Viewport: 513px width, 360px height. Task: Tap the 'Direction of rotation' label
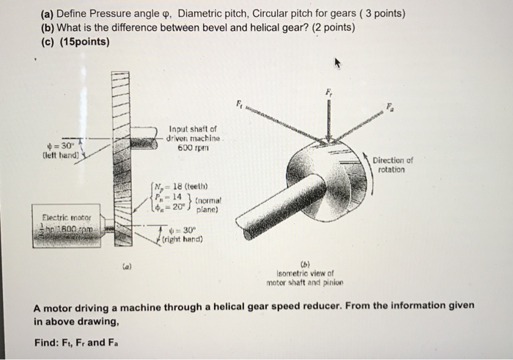(393, 164)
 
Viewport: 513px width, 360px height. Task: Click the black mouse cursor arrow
(338, 64)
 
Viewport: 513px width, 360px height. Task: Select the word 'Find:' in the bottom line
(48, 342)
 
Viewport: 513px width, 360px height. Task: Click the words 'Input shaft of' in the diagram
(192, 128)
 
